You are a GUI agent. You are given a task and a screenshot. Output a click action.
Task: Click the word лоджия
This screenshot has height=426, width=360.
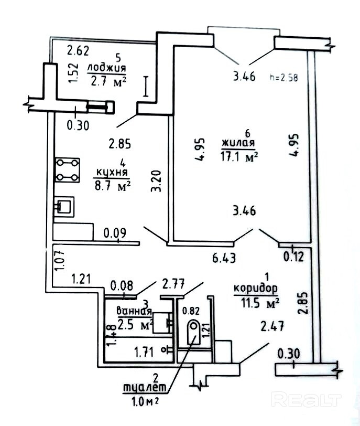click(x=107, y=69)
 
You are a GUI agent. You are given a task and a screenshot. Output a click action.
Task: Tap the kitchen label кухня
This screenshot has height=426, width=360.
click(x=112, y=172)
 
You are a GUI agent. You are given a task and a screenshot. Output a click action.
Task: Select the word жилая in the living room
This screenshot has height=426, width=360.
click(x=238, y=143)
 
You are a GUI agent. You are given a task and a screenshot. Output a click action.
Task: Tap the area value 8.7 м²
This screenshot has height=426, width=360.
click(x=111, y=185)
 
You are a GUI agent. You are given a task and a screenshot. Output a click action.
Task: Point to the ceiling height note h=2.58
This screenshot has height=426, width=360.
click(x=283, y=77)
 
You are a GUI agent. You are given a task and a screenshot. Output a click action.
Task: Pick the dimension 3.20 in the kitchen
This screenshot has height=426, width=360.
click(x=156, y=180)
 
